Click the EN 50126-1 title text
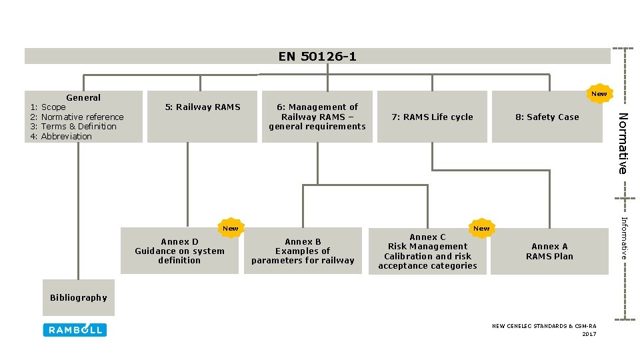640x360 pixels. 317,57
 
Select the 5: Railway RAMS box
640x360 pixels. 202,116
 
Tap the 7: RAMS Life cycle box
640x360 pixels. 432,117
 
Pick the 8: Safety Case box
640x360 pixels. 547,117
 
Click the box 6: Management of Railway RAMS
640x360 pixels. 317,116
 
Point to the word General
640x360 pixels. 83,97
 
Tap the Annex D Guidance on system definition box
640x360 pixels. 179,251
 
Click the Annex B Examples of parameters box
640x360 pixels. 303,251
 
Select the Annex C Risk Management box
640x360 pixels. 428,251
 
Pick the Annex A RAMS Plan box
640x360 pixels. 549,251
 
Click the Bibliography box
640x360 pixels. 78,298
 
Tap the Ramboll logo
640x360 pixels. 75,329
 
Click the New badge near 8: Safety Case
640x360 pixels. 599,94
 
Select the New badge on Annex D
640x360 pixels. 230,228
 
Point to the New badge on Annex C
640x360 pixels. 481,228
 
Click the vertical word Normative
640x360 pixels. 621,143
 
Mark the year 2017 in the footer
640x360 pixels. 589,334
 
